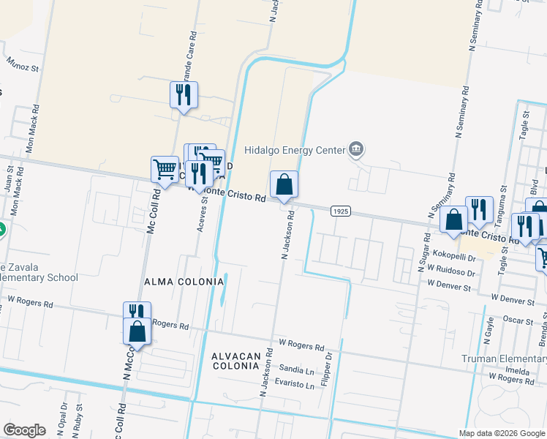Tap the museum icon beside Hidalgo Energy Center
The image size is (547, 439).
[356, 150]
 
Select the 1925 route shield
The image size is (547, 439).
[340, 211]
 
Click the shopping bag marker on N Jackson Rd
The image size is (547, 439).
[284, 186]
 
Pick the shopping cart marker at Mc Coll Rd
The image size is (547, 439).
[165, 169]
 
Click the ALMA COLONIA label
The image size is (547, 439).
[184, 282]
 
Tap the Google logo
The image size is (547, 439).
[24, 430]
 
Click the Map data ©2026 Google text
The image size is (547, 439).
[502, 433]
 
